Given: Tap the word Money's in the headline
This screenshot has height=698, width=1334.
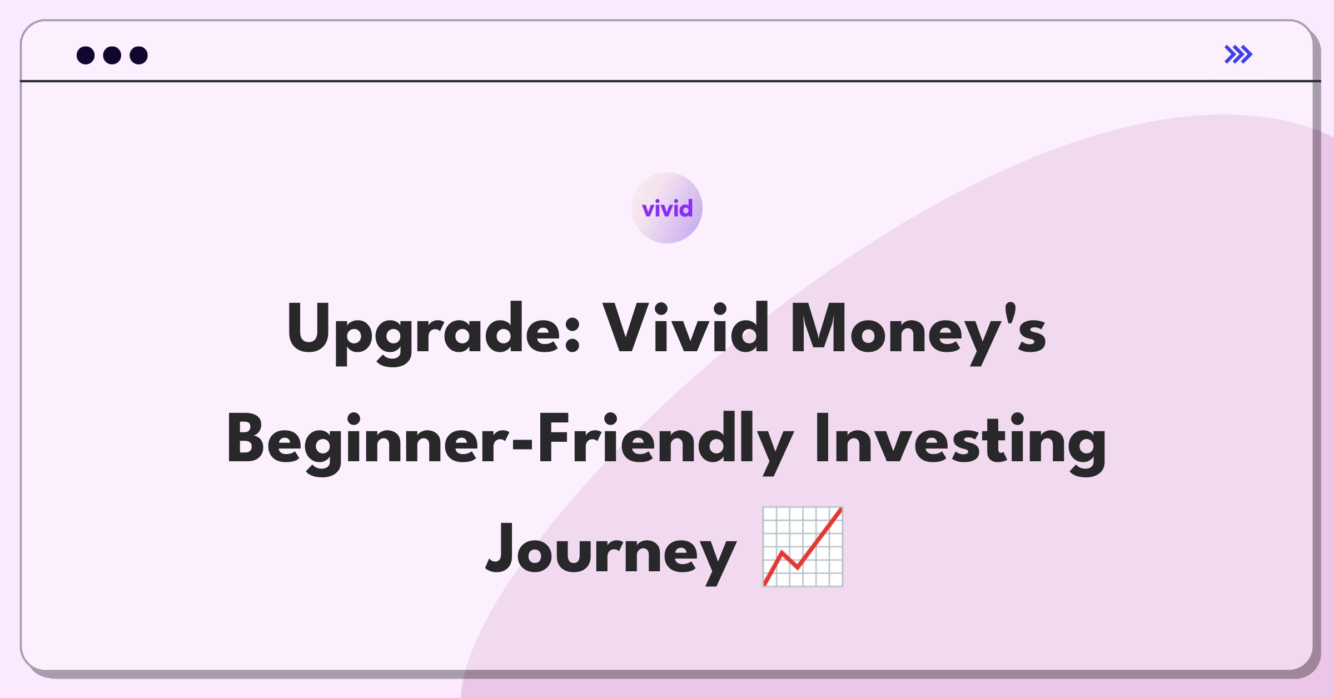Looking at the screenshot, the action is click(x=918, y=332).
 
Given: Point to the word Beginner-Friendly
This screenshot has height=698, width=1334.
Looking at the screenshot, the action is click(x=510, y=443).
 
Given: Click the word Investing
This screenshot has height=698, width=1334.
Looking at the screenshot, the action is click(x=960, y=443).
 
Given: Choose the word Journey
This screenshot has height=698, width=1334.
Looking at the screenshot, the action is click(x=611, y=553).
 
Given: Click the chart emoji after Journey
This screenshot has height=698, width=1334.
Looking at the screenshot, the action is click(x=803, y=547).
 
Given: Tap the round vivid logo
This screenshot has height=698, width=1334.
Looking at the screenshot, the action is click(x=667, y=208).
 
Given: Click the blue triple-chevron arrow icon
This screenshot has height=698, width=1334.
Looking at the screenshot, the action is click(x=1238, y=54).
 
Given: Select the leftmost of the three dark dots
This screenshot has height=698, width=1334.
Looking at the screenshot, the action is click(x=86, y=55).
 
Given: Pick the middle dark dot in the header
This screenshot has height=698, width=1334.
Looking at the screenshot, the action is click(x=112, y=55).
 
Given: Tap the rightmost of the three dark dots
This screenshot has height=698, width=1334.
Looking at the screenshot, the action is click(x=139, y=55).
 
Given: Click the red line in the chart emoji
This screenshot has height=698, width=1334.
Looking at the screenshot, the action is click(x=803, y=547).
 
